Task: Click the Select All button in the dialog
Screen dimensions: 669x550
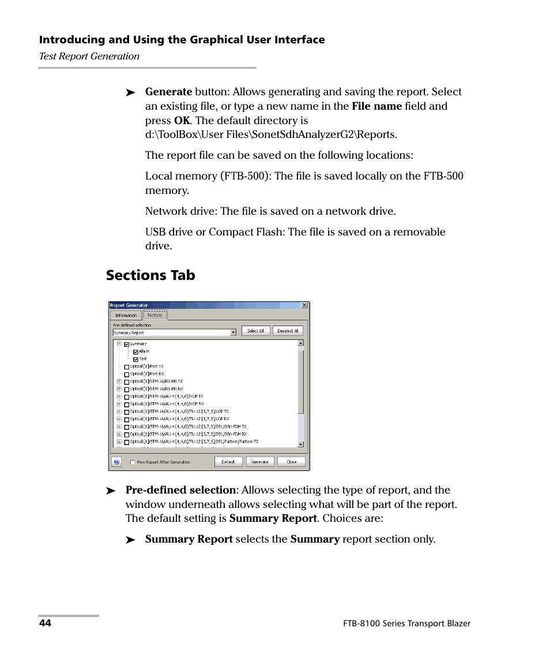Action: coord(255,331)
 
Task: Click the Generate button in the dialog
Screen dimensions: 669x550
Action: coord(260,462)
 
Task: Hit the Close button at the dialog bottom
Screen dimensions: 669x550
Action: coord(292,462)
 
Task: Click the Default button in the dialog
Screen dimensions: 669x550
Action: coord(228,462)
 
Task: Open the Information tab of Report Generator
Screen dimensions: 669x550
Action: coord(126,315)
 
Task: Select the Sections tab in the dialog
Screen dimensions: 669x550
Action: coord(155,315)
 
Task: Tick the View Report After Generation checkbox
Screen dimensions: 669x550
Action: coord(133,462)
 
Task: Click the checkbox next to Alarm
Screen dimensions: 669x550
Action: coord(135,352)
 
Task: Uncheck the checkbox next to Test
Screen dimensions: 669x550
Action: coord(135,359)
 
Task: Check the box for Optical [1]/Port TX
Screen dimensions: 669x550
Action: coord(127,367)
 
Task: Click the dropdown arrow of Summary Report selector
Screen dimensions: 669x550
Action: coord(233,332)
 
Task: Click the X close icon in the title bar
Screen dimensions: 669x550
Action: coord(304,305)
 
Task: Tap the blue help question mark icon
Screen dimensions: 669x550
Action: coord(116,462)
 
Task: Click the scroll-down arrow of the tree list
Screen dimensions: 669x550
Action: coord(300,444)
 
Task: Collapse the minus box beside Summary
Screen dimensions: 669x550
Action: coord(119,344)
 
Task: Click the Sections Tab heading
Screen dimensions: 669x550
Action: coord(150,275)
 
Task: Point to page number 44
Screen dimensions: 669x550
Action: coord(45,623)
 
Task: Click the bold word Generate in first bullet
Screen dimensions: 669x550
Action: coord(168,92)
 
